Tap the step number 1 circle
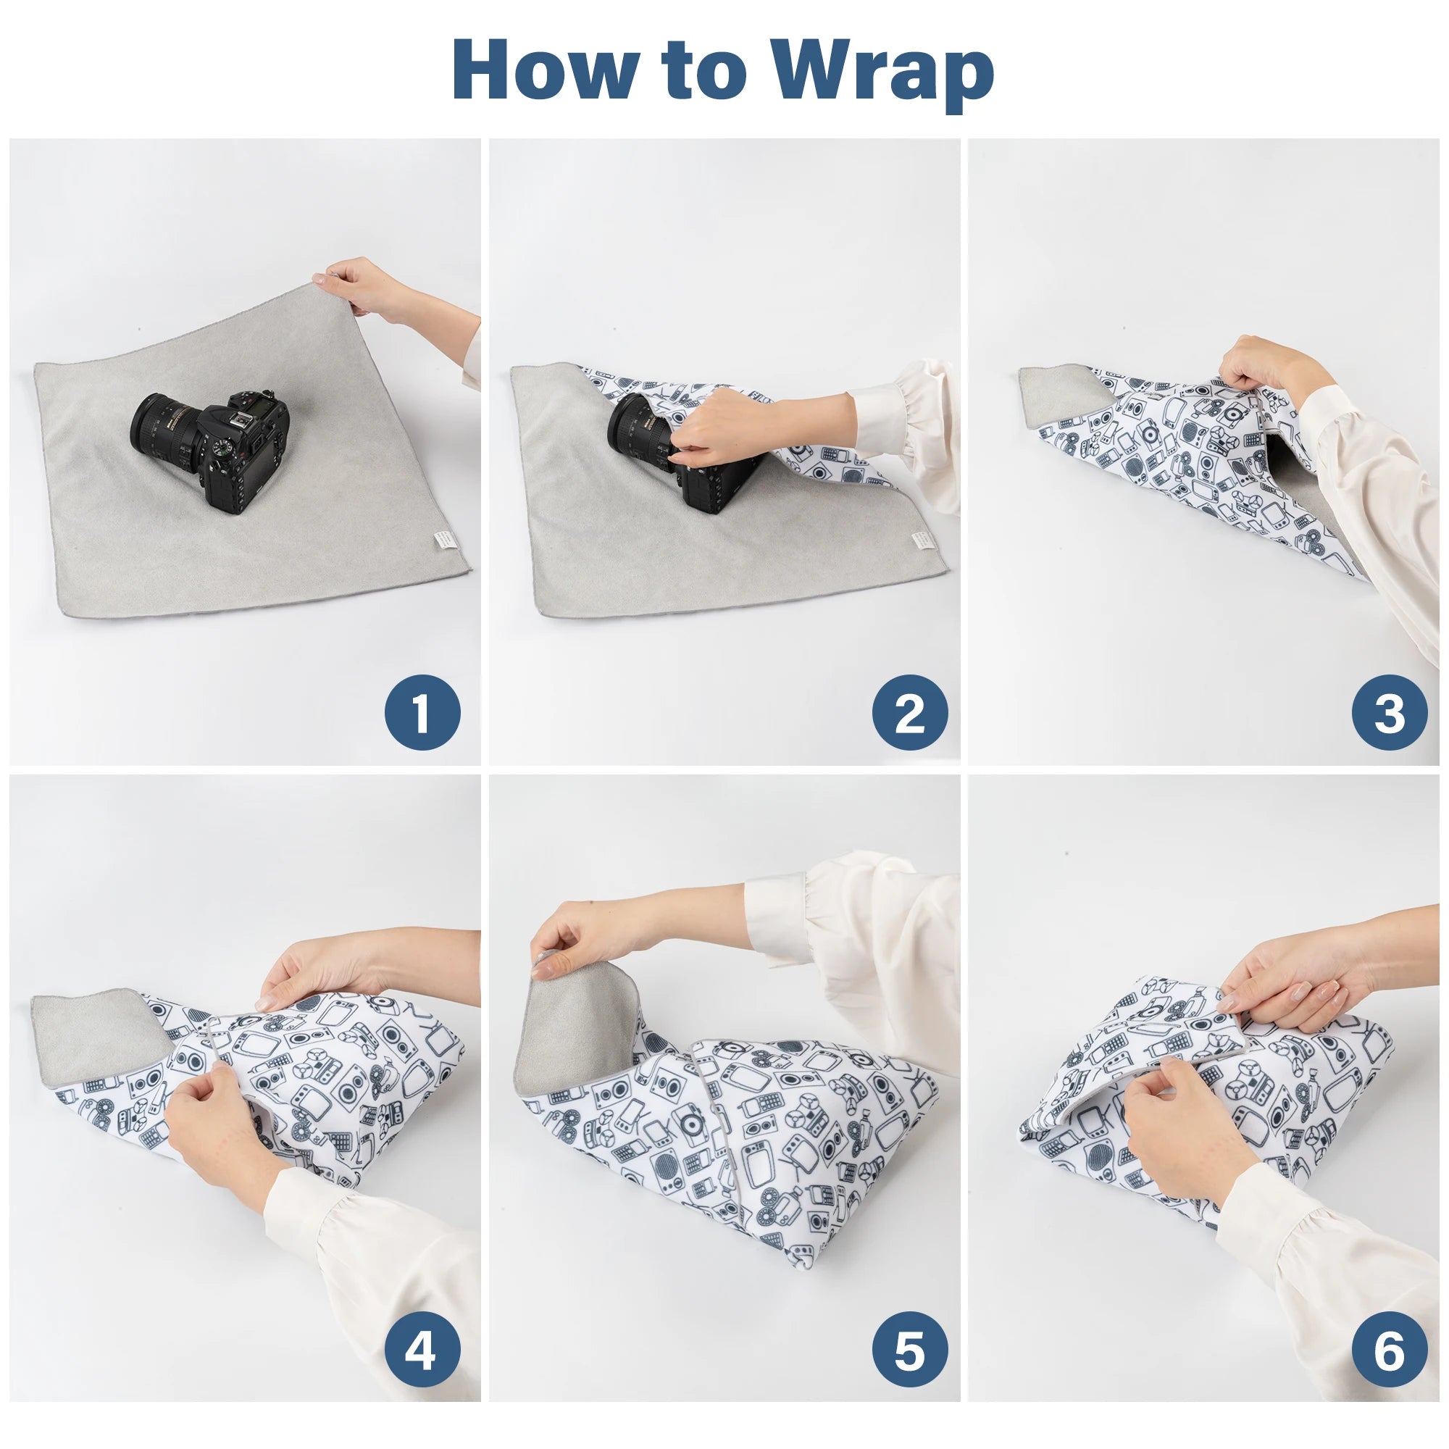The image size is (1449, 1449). [422, 712]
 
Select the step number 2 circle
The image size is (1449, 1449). [910, 712]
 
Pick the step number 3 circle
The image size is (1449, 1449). [1389, 712]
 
